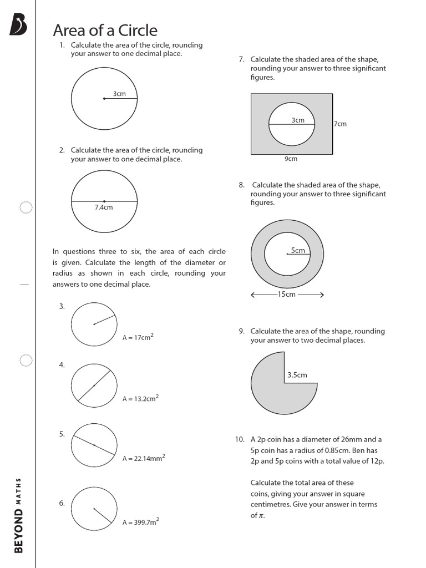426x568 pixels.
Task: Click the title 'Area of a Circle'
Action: click(105, 31)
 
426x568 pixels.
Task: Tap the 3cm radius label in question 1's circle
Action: click(119, 94)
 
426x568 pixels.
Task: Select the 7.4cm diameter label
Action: click(104, 207)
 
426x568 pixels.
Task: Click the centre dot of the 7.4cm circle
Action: click(104, 201)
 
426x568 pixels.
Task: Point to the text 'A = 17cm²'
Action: click(138, 337)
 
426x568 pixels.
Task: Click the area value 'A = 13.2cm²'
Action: click(140, 398)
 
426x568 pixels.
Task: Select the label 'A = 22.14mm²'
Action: click(143, 458)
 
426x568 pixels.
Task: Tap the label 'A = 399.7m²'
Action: click(141, 521)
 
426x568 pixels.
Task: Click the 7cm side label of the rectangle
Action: click(341, 124)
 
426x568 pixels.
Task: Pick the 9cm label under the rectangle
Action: click(291, 159)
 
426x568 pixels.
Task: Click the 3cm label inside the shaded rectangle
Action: click(298, 120)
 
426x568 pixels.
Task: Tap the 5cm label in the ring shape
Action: click(298, 250)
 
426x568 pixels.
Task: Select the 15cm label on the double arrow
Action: click(287, 295)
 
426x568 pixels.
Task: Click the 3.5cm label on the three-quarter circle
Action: click(297, 375)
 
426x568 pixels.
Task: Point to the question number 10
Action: click(239, 439)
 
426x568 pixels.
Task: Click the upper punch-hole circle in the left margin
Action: click(26, 208)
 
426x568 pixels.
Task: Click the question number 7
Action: click(241, 59)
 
